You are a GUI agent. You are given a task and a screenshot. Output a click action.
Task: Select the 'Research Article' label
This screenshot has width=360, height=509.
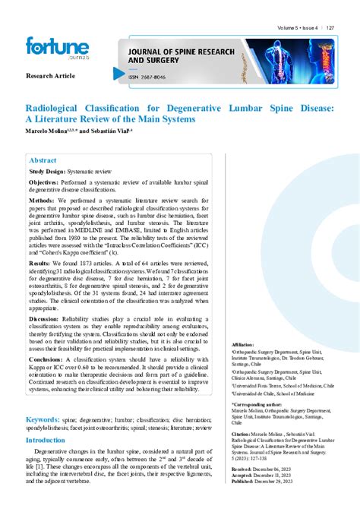pyautogui.click(x=50, y=77)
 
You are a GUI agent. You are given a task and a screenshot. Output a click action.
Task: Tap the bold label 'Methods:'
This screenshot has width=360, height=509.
pyautogui.click(x=43, y=201)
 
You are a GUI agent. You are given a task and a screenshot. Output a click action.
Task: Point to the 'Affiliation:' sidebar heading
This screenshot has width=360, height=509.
pyautogui.click(x=242, y=344)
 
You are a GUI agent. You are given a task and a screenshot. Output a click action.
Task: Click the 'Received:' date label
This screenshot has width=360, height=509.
pyautogui.click(x=242, y=469)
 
